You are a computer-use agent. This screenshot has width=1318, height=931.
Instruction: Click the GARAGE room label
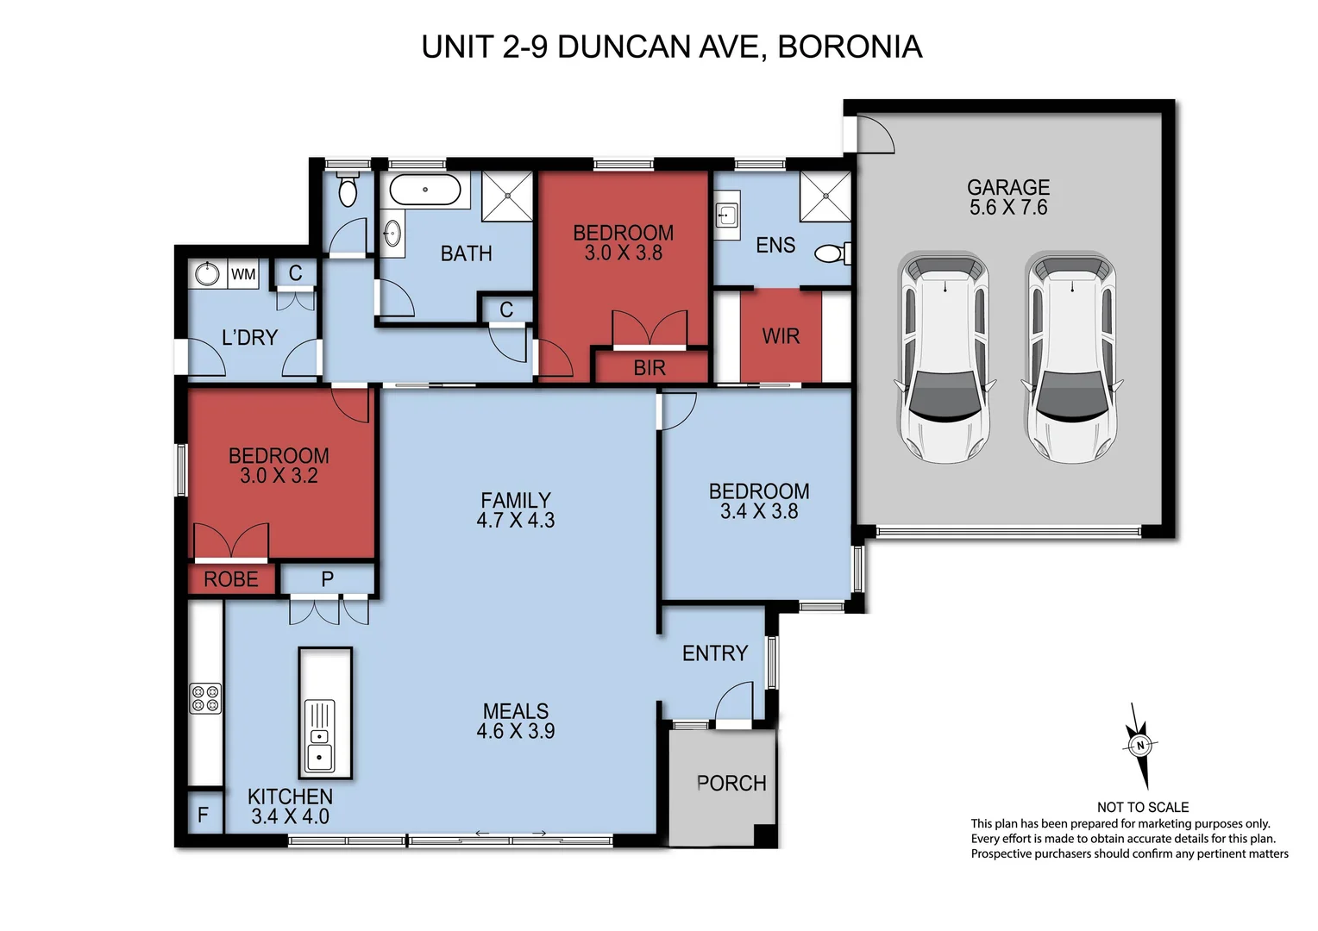[1007, 187]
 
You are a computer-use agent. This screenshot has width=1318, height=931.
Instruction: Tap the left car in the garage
[945, 358]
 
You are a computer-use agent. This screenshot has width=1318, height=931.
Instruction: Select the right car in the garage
[1070, 358]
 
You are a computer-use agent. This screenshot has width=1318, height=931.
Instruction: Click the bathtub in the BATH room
[424, 190]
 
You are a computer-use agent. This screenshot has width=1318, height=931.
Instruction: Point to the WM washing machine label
[243, 274]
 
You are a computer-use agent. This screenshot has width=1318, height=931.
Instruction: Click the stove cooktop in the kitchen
[205, 698]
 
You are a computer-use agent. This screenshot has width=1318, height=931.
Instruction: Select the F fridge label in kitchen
[203, 815]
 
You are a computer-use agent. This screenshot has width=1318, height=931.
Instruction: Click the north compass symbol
[1140, 746]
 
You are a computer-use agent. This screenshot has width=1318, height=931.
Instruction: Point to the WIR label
[781, 336]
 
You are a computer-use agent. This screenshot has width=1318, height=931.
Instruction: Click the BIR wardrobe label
[650, 368]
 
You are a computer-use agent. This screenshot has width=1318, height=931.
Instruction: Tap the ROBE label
[230, 579]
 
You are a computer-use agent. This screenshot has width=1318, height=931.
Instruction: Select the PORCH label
[731, 784]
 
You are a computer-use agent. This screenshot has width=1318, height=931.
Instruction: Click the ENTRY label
[714, 653]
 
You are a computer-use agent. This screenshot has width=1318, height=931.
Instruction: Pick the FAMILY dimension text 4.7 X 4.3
[515, 520]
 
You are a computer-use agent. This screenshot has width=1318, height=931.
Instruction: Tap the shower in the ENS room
[825, 197]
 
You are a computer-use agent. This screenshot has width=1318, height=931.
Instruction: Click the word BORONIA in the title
[850, 47]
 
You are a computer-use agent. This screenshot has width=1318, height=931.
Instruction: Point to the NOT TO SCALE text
[1142, 807]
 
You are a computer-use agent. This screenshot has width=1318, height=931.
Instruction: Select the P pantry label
[327, 579]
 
